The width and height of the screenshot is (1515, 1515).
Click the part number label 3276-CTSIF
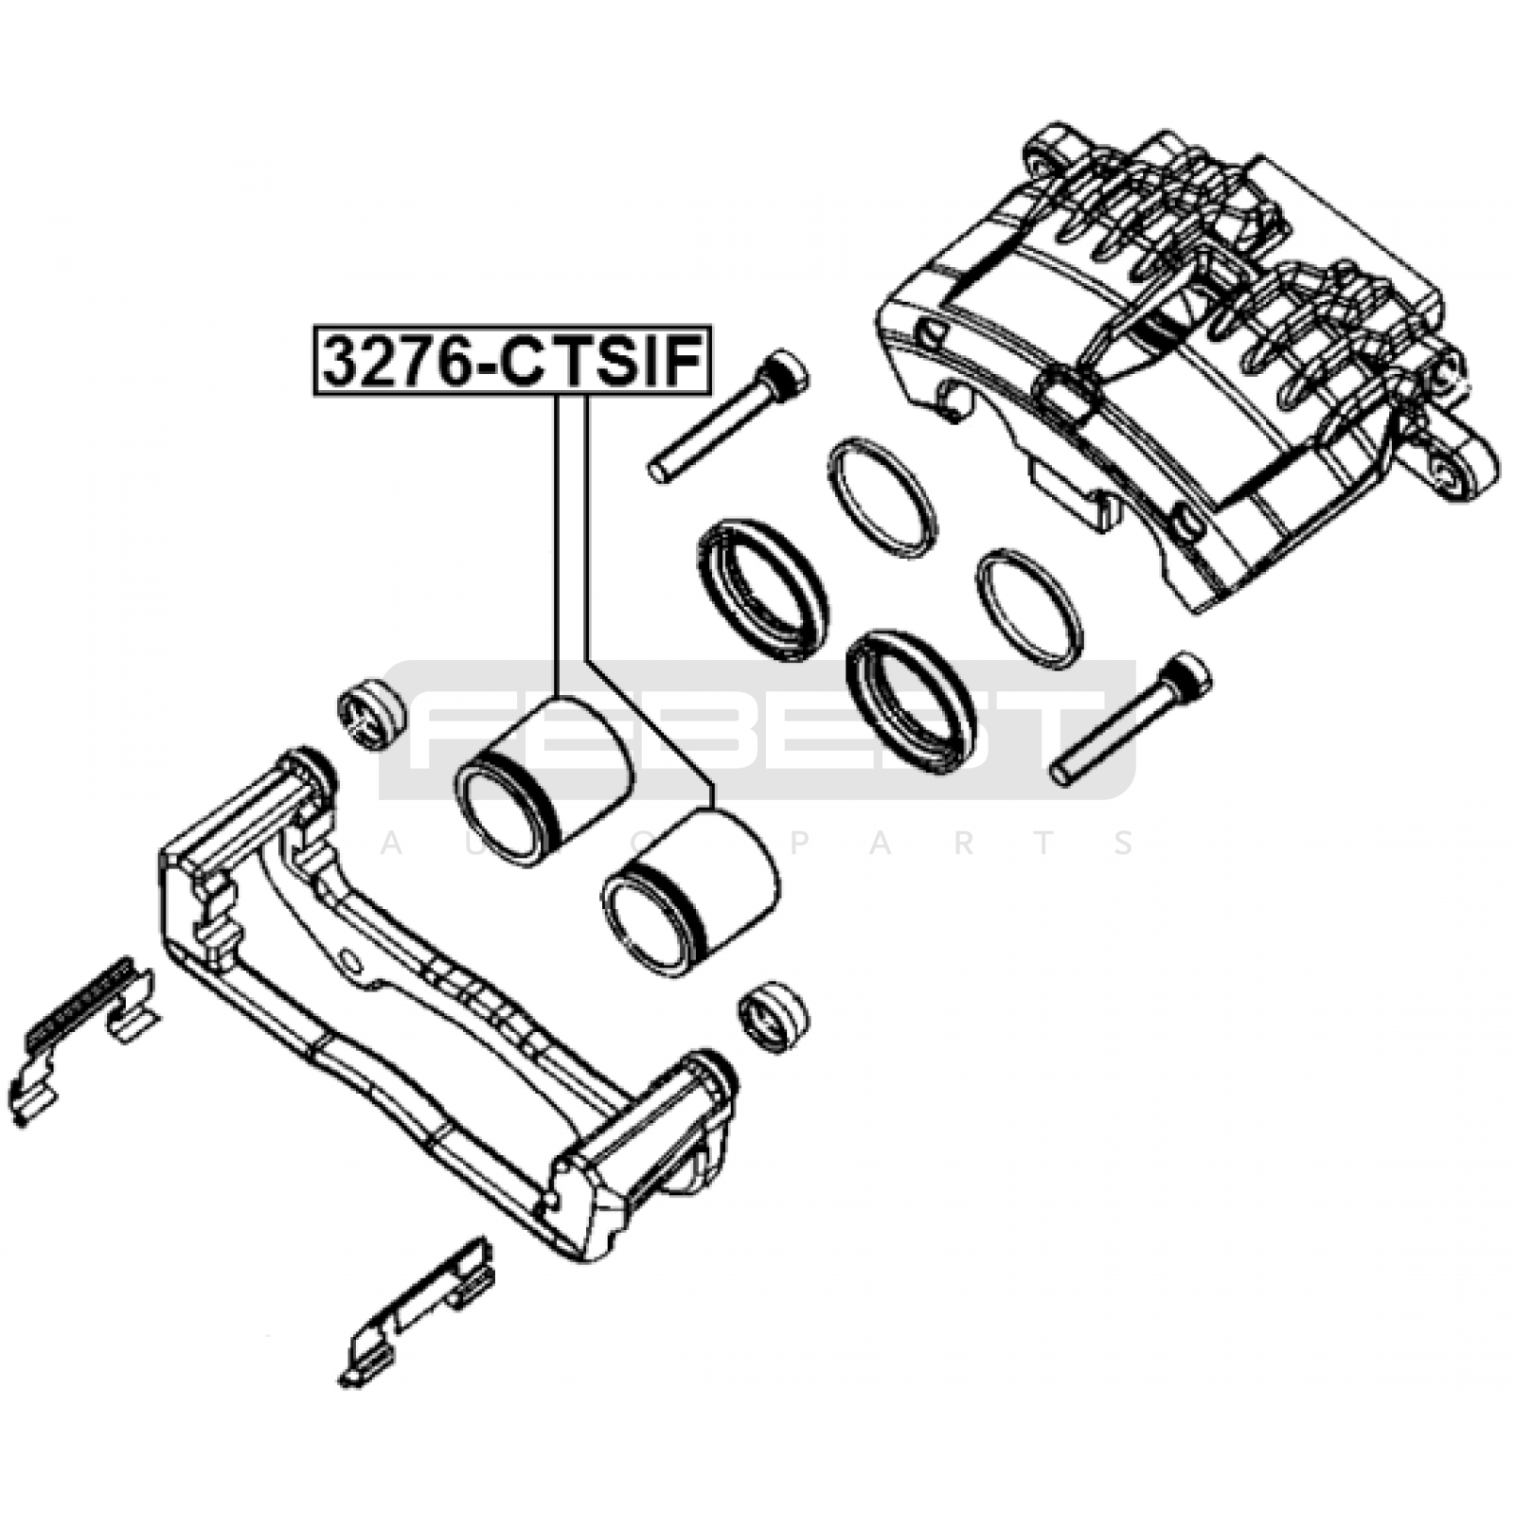[511, 361]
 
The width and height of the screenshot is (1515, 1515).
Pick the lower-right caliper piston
[690, 889]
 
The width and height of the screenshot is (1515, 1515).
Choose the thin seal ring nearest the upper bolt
[882, 496]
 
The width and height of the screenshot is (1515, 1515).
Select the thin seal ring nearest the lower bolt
[1028, 608]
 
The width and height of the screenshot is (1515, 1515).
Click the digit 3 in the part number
[343, 362]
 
